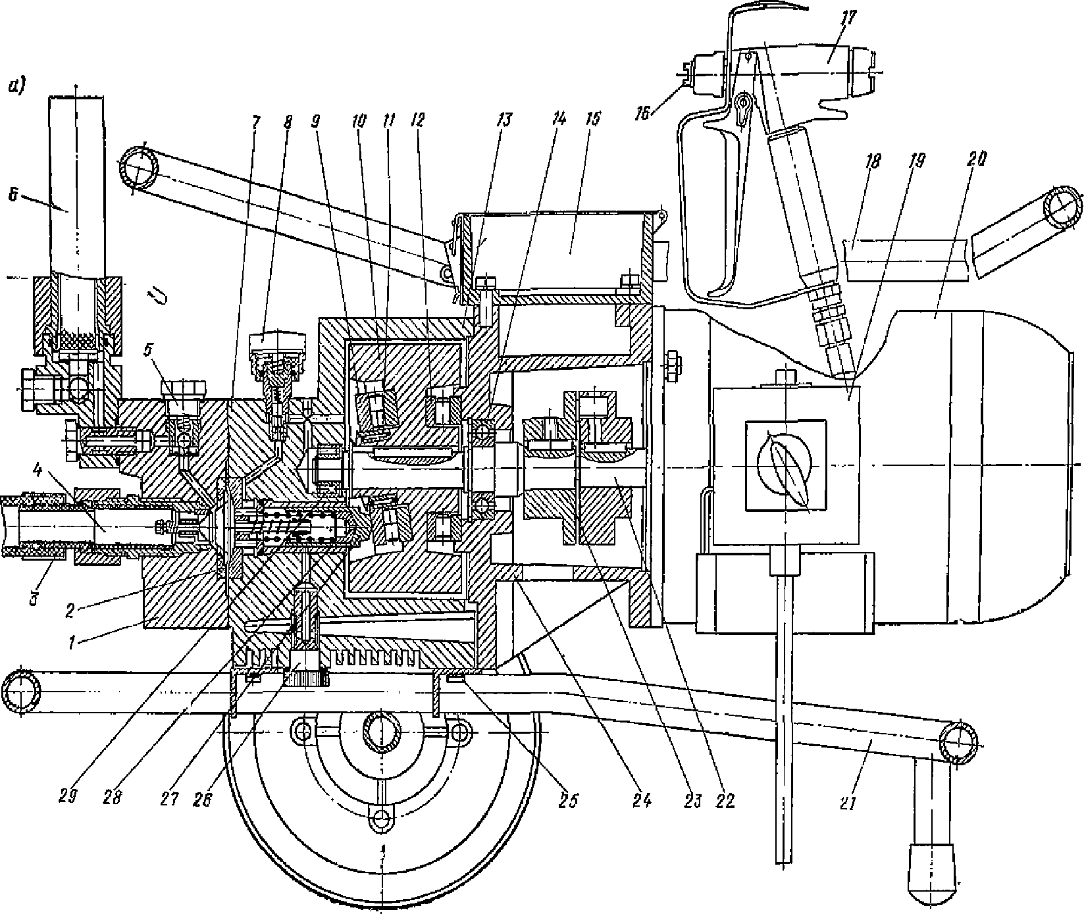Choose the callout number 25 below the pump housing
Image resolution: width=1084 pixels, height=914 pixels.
pyautogui.click(x=570, y=800)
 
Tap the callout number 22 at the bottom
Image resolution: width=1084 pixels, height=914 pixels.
pyautogui.click(x=725, y=800)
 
